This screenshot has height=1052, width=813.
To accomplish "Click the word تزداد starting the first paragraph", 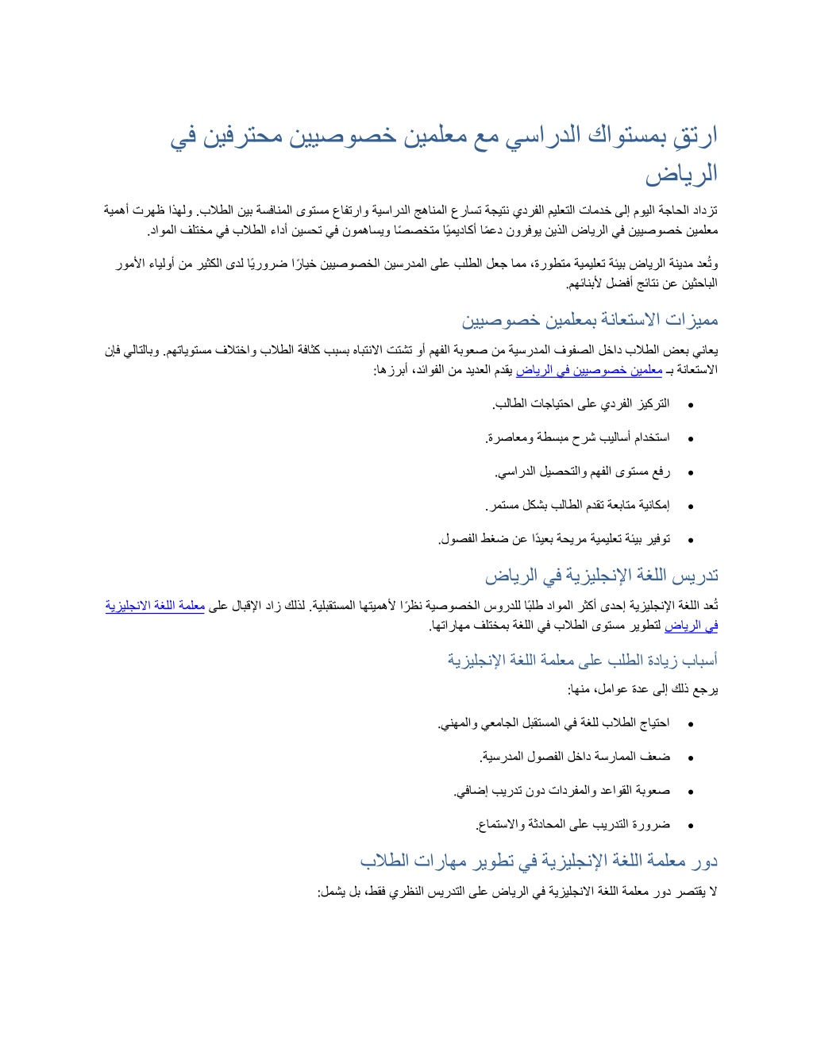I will point(704,211).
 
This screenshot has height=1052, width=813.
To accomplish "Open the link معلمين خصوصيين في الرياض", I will point(589,370).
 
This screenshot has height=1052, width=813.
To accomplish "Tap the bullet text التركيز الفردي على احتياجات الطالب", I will point(580,404).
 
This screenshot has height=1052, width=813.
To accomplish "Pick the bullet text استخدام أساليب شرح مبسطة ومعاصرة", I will point(577,437).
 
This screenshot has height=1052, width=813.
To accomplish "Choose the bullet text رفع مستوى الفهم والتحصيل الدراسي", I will point(583,472).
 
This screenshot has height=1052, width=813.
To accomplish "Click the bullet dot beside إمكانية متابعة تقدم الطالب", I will point(691,506).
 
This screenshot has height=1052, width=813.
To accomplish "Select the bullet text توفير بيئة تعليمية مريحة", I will point(554,539).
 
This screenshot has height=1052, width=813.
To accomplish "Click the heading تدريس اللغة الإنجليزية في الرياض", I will point(601,576).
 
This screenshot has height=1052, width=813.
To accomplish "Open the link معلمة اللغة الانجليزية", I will point(156,606).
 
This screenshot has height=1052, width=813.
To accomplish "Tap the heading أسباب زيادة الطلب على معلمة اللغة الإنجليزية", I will point(582,660).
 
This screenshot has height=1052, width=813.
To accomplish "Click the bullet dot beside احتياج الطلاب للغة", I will point(691,724).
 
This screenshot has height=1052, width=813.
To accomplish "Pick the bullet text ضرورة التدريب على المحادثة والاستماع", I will point(572,824).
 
